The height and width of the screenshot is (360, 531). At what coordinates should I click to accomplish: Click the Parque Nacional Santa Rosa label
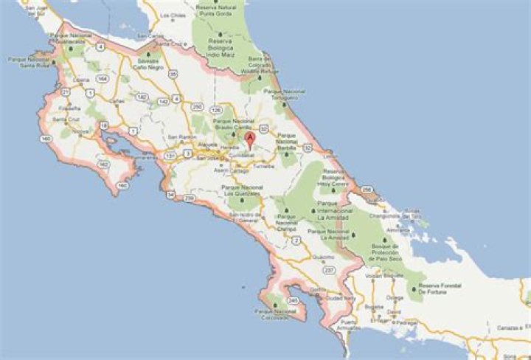point(27,61)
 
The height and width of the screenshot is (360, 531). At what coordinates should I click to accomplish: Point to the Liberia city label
point(81,79)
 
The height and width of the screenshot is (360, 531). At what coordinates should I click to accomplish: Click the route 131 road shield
point(170,156)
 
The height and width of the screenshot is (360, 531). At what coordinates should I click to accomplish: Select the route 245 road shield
point(293,301)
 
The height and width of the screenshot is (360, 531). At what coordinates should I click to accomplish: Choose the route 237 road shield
point(329,271)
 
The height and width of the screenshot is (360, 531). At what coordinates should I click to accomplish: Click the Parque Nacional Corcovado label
point(274,314)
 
